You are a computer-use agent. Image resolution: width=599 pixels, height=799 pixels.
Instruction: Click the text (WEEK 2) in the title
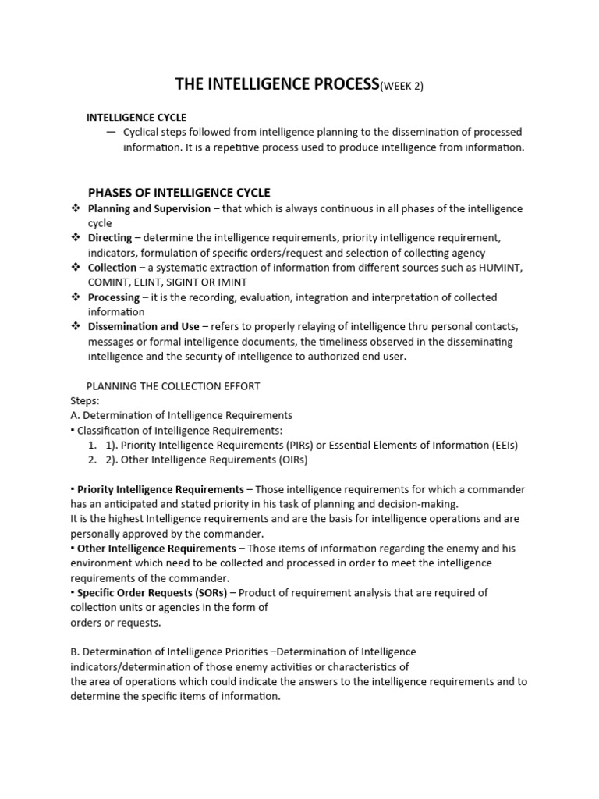[401, 87]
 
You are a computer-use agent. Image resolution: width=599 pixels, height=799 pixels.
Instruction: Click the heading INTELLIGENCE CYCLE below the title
[136, 117]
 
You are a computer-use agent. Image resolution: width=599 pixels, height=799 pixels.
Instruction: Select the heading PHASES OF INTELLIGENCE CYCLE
[179, 193]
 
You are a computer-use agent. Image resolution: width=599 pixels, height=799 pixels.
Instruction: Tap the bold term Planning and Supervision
[149, 208]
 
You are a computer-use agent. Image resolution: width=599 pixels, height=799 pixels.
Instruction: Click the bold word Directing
[110, 238]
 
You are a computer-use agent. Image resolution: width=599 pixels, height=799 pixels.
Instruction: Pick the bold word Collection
[112, 268]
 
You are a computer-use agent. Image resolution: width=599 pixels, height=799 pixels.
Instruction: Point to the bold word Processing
[114, 297]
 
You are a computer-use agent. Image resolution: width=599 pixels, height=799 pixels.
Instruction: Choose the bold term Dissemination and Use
[144, 327]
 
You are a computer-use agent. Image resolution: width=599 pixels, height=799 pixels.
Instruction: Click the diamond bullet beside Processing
[76, 297]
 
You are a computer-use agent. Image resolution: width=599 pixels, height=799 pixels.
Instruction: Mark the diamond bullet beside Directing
[76, 238]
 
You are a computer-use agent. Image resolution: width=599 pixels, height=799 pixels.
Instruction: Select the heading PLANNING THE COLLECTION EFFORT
[172, 385]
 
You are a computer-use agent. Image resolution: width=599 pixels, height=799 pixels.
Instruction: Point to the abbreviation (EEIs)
[502, 445]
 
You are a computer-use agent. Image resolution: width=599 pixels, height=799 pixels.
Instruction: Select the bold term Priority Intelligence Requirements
[161, 489]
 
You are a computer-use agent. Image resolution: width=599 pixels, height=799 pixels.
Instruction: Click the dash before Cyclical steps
[112, 132]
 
